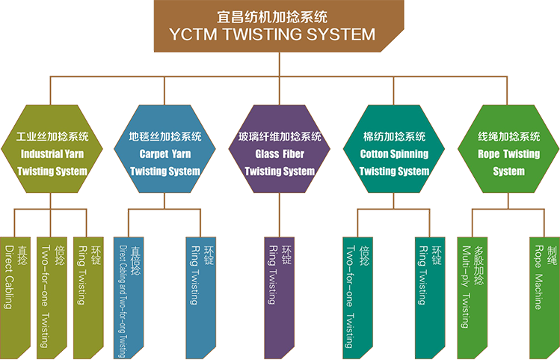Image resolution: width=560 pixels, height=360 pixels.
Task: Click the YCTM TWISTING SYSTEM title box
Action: [280, 26]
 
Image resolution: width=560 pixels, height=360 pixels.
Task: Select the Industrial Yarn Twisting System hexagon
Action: [52, 154]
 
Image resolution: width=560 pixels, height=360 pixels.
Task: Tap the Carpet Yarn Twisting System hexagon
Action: [164, 154]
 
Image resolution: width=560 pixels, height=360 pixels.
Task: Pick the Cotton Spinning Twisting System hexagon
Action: [394, 154]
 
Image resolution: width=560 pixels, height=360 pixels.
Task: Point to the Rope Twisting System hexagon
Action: [508, 154]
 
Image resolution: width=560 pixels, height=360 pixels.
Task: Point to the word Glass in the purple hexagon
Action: [267, 154]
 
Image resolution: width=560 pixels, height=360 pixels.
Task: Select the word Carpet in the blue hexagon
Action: [154, 154]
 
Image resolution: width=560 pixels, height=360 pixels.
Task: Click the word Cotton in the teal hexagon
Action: [376, 154]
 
